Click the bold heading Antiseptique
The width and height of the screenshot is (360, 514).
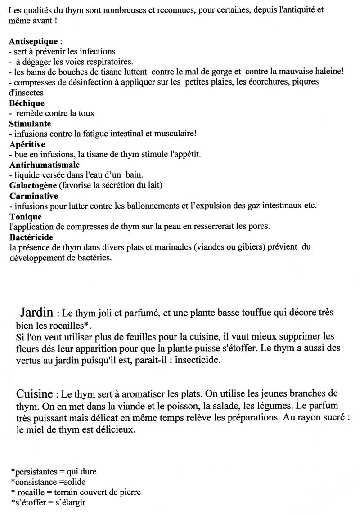[x=29, y=41]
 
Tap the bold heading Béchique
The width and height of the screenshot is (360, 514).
[x=27, y=103]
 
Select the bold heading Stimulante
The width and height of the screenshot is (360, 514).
[x=30, y=123]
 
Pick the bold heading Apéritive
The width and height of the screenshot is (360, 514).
[x=27, y=144]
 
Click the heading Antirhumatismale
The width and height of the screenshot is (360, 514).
[x=41, y=165]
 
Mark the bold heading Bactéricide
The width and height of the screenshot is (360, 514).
[x=31, y=237]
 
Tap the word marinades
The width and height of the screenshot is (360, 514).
[x=143, y=247]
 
